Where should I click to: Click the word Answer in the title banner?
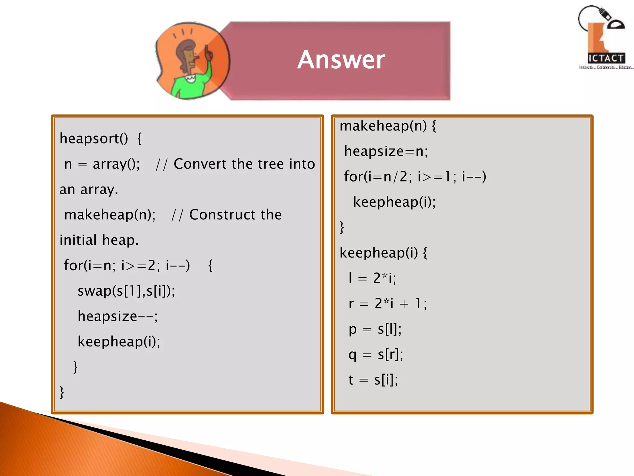click(x=341, y=59)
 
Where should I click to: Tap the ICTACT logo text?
click(x=606, y=58)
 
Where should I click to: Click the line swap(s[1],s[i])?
click(x=126, y=291)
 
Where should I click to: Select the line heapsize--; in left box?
click(x=117, y=316)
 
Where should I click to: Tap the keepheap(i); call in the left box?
click(x=119, y=342)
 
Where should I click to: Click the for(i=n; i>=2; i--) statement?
click(x=127, y=265)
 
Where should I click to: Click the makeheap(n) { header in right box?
click(x=388, y=126)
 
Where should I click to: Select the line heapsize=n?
click(x=386, y=151)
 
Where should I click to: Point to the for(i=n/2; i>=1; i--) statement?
click(x=415, y=177)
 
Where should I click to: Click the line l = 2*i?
click(x=372, y=278)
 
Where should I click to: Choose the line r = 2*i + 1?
click(x=388, y=303)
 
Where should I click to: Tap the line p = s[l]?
click(x=375, y=329)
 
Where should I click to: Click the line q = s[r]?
click(x=376, y=354)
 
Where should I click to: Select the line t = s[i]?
click(x=373, y=380)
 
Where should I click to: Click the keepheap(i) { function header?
click(x=383, y=253)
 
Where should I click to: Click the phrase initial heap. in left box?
click(x=99, y=240)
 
